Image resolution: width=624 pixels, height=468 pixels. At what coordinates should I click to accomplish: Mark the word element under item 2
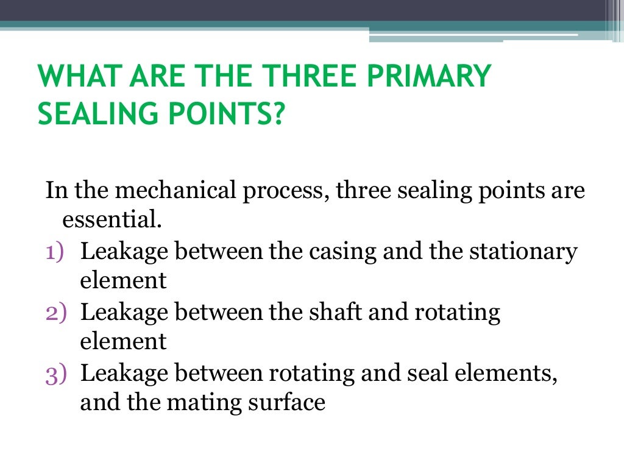[123, 342]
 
